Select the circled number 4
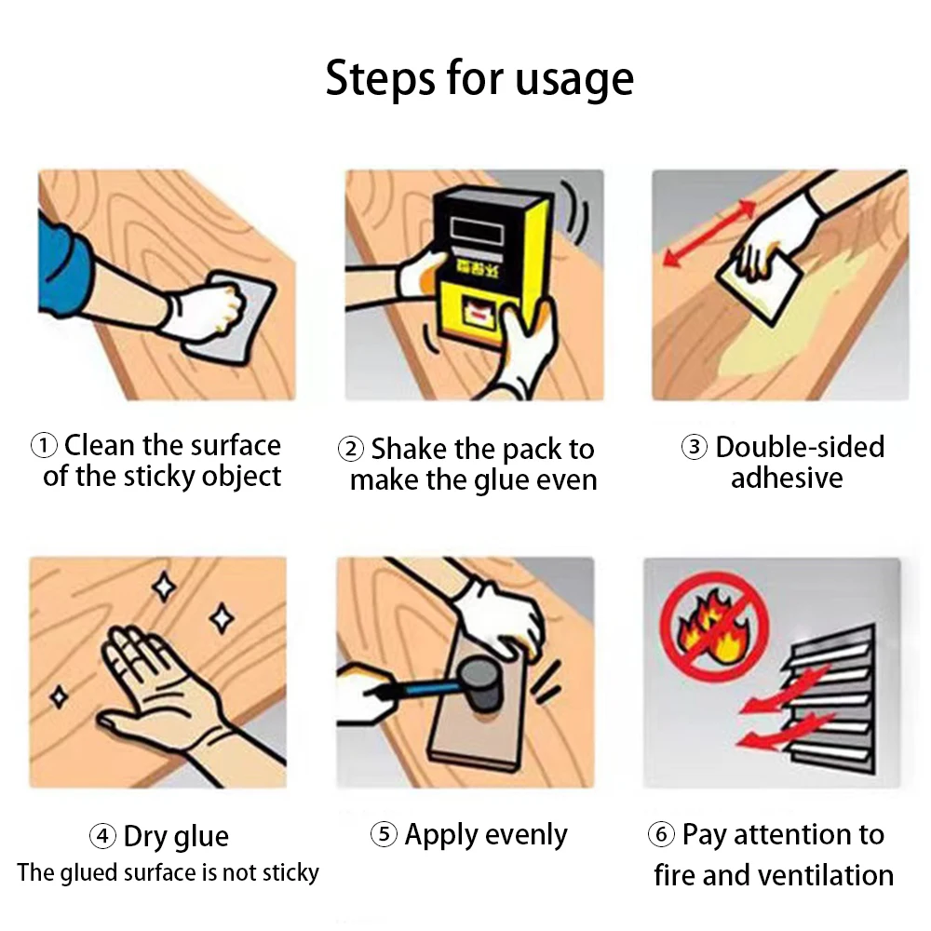[102, 835]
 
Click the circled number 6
[660, 834]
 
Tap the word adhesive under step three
[786, 479]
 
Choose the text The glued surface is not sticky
[168, 873]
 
